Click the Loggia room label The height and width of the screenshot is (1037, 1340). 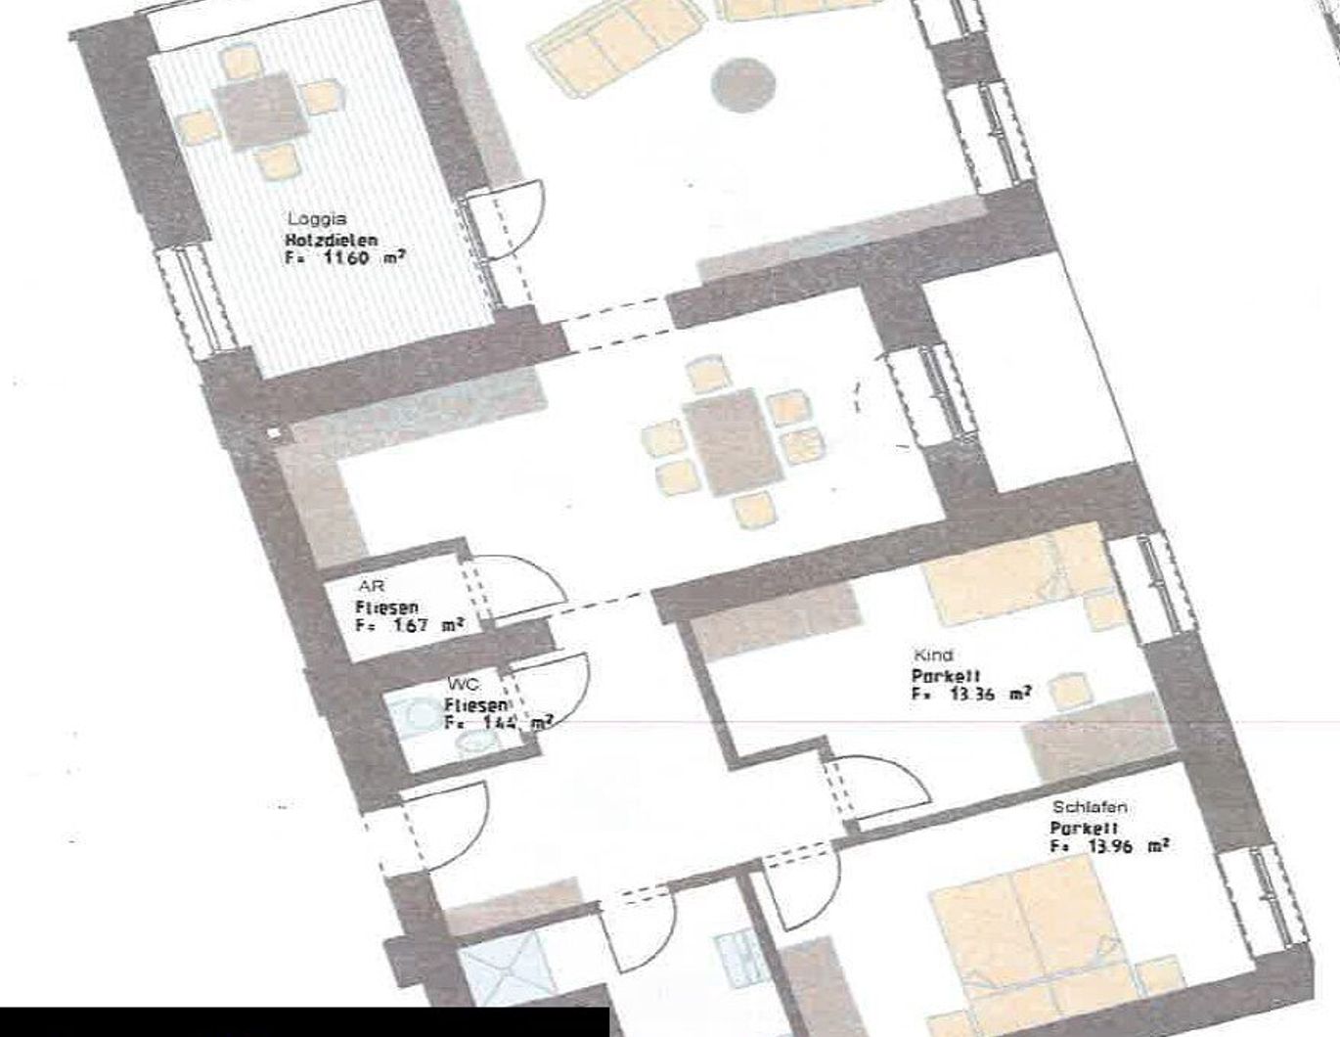[x=316, y=219]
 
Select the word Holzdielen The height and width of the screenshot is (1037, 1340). [x=331, y=240]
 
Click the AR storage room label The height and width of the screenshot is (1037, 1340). [x=371, y=587]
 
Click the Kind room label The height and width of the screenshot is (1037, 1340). [x=932, y=654]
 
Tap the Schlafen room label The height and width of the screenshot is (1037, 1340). [x=1089, y=807]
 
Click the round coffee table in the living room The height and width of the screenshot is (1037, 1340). [x=743, y=84]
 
